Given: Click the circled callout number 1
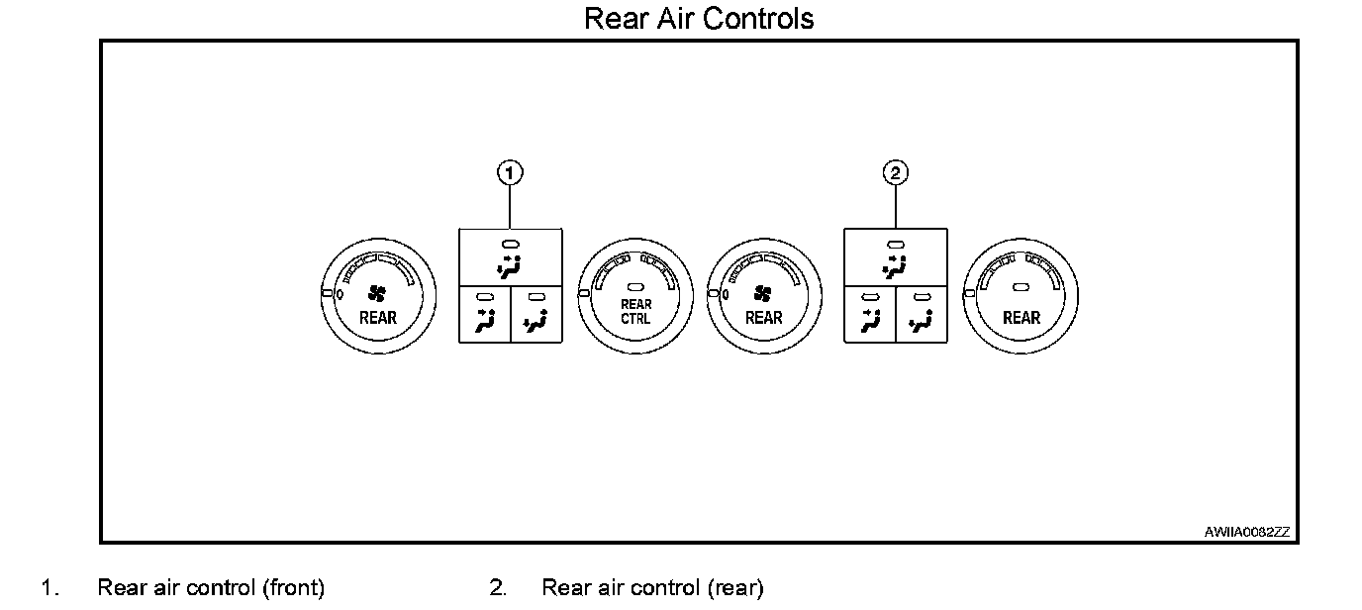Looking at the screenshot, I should click(510, 173).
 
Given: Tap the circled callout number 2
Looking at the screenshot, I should click(895, 173).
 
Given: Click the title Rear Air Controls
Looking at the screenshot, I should click(699, 18).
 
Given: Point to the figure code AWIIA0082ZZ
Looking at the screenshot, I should click(1246, 532).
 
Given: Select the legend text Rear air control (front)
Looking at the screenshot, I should click(211, 587).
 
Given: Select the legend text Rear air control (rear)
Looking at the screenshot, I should click(652, 587).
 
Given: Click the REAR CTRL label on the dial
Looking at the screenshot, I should click(635, 312).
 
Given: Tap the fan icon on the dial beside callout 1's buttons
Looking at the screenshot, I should click(377, 293).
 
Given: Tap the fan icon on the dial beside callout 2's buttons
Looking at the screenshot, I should click(762, 293).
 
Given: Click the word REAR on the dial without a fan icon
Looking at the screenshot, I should click(1021, 318).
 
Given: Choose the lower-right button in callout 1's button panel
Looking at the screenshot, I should click(536, 315).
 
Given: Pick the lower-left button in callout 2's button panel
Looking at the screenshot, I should click(869, 315).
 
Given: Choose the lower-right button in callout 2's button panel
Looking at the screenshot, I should click(922, 315).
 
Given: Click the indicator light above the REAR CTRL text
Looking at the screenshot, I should click(635, 287).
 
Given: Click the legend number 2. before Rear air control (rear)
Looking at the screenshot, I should click(498, 587).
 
